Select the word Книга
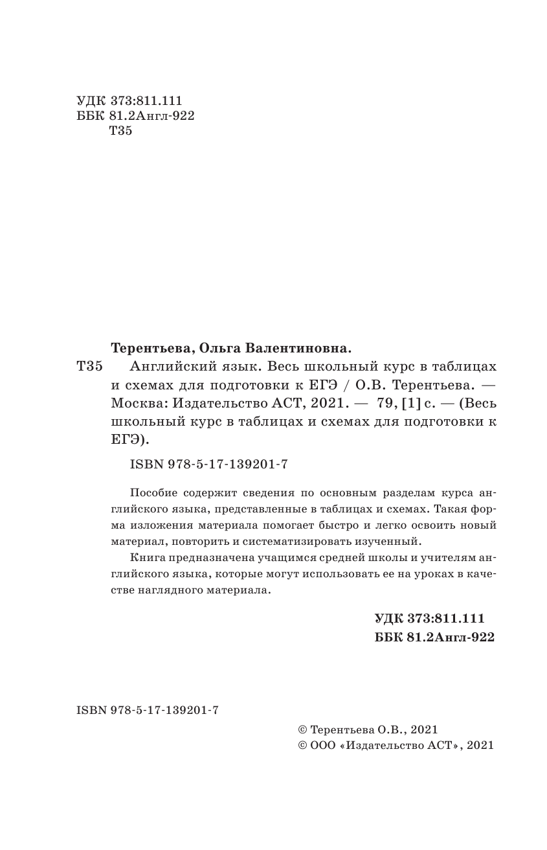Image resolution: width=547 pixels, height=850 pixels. point(146,557)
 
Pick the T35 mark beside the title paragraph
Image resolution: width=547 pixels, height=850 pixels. point(89,367)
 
